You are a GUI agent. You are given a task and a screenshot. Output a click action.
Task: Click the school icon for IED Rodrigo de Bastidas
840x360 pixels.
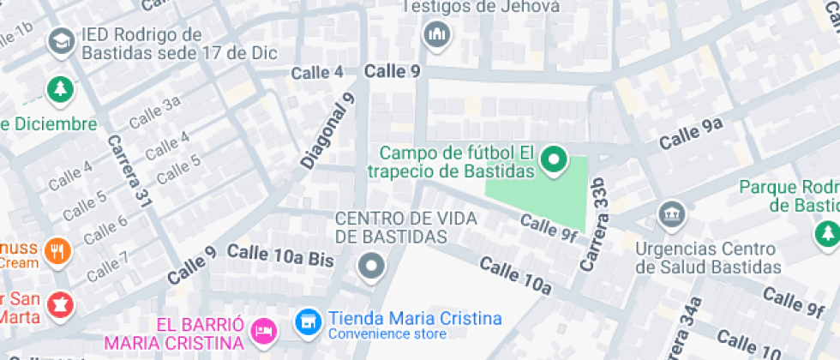pyautogui.click(x=61, y=40)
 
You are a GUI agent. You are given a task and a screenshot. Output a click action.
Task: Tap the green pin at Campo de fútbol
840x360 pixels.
pyautogui.click(x=554, y=159)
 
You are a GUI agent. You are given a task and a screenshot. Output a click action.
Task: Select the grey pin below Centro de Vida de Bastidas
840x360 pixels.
pyautogui.click(x=371, y=266)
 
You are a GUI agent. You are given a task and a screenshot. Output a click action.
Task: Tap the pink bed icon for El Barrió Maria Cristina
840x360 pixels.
pyautogui.click(x=263, y=328)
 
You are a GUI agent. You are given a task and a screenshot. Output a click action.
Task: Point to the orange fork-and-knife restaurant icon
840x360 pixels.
pyautogui.click(x=58, y=251)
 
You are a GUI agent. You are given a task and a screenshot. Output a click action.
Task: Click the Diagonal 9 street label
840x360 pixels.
pyautogui.click(x=327, y=130)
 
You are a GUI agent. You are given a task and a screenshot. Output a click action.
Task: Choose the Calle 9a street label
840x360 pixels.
pyautogui.click(x=691, y=134)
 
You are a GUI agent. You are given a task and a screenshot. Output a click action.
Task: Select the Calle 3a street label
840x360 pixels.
pyautogui.click(x=155, y=111)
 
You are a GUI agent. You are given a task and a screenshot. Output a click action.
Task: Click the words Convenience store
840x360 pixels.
pyautogui.click(x=387, y=334)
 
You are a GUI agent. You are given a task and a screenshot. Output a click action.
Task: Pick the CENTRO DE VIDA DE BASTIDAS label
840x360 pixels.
pyautogui.click(x=392, y=227)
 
